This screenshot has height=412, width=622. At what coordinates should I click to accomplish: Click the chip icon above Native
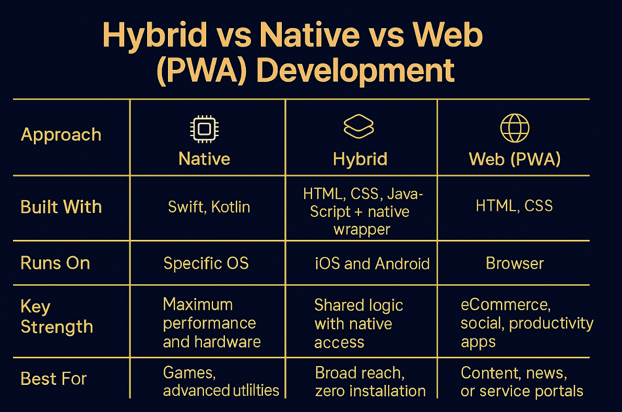point(205,129)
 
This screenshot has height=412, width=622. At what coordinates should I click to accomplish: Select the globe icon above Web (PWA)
point(515,128)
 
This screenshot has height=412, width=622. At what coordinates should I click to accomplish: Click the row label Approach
point(61,135)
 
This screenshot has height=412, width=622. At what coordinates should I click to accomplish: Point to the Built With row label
point(61,207)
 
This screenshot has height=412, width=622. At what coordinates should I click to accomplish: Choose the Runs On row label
point(55,263)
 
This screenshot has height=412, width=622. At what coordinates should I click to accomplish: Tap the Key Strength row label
point(57,317)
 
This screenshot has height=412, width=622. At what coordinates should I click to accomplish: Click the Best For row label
point(54,379)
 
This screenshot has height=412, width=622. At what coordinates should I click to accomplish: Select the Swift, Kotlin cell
point(209,207)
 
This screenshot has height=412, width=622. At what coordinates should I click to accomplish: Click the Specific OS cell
point(206,263)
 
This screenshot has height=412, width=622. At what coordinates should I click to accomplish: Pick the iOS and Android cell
point(372,264)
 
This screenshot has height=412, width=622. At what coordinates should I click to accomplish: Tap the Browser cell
point(515,263)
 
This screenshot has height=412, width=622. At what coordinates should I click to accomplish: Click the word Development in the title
point(355,70)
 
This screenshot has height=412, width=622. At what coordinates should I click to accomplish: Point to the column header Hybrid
point(360,159)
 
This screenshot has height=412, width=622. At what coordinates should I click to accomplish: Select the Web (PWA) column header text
point(515,160)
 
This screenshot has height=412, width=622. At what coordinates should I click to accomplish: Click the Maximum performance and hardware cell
point(212,323)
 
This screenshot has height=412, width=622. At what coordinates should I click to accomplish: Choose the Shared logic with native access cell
point(358,323)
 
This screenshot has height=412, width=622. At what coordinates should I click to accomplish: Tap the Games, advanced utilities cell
point(221,381)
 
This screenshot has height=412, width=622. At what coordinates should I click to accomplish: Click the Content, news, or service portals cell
point(522,382)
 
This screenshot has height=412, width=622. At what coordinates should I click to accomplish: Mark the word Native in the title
point(310,35)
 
